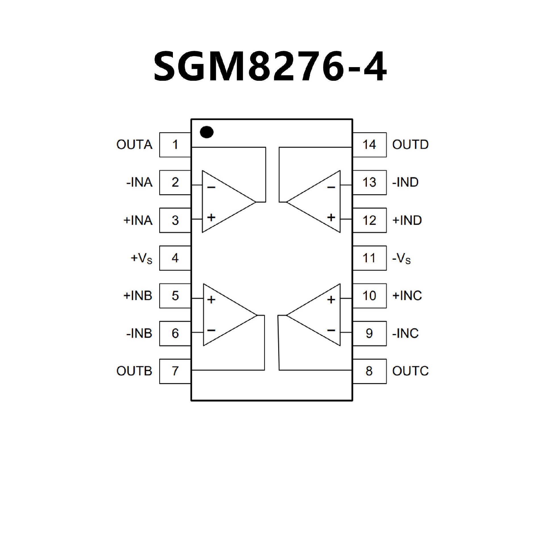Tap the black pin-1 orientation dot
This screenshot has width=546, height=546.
click(207, 132)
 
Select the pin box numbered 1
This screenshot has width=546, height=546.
click(175, 145)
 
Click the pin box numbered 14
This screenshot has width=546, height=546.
click(369, 145)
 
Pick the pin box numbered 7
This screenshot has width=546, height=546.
click(175, 371)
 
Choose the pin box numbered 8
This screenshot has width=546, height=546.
click(369, 371)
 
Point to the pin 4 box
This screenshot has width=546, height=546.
click(175, 258)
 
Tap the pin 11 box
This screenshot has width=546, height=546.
click(369, 258)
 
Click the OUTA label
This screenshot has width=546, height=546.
click(134, 145)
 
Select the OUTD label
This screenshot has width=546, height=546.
click(410, 145)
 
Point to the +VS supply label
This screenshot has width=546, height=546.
click(141, 258)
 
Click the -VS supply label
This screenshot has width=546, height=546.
click(401, 258)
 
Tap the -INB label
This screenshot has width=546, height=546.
click(139, 333)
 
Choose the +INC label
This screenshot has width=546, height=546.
click(407, 296)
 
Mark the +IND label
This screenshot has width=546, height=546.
click(407, 220)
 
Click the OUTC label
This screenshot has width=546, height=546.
click(410, 371)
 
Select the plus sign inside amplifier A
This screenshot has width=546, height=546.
click(211, 218)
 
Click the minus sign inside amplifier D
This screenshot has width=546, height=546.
click(331, 187)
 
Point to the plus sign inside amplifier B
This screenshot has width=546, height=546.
click(211, 300)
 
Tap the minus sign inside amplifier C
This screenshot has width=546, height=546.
click(331, 330)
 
